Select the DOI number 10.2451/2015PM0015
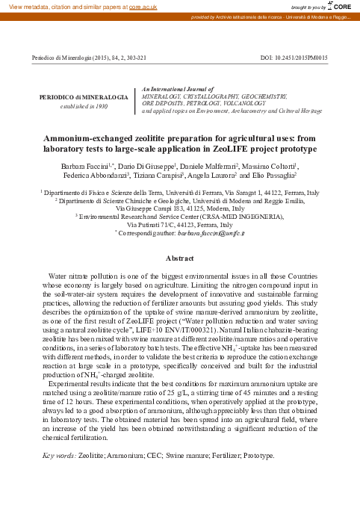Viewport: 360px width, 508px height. [309, 57]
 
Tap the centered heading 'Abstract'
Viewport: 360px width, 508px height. [179, 258]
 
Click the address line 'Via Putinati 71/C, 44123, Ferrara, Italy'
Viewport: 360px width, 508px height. [179, 225]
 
